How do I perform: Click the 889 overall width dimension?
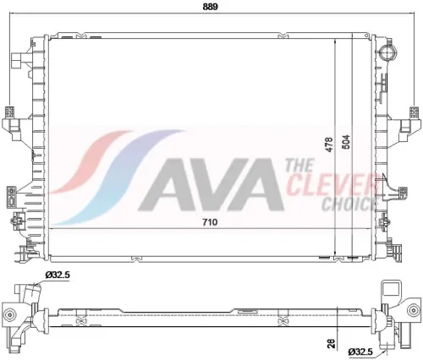click(211, 7)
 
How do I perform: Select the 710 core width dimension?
click(210, 222)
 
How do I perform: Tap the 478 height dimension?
click(329, 145)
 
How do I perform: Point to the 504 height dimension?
click(345, 142)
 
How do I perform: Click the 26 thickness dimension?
click(332, 343)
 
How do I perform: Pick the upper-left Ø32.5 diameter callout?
click(57, 275)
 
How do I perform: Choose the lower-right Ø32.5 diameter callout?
click(360, 352)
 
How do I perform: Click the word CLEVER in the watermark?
click(332, 184)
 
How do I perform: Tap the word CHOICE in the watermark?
click(349, 205)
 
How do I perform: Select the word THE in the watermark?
click(299, 166)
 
